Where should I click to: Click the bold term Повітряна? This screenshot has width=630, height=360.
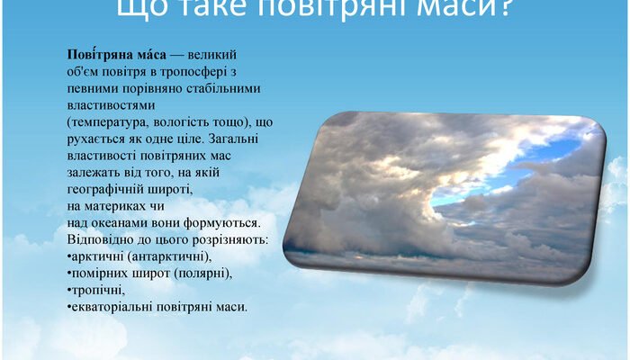tap(96, 55)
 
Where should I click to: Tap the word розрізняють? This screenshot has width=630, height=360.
tap(225, 240)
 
